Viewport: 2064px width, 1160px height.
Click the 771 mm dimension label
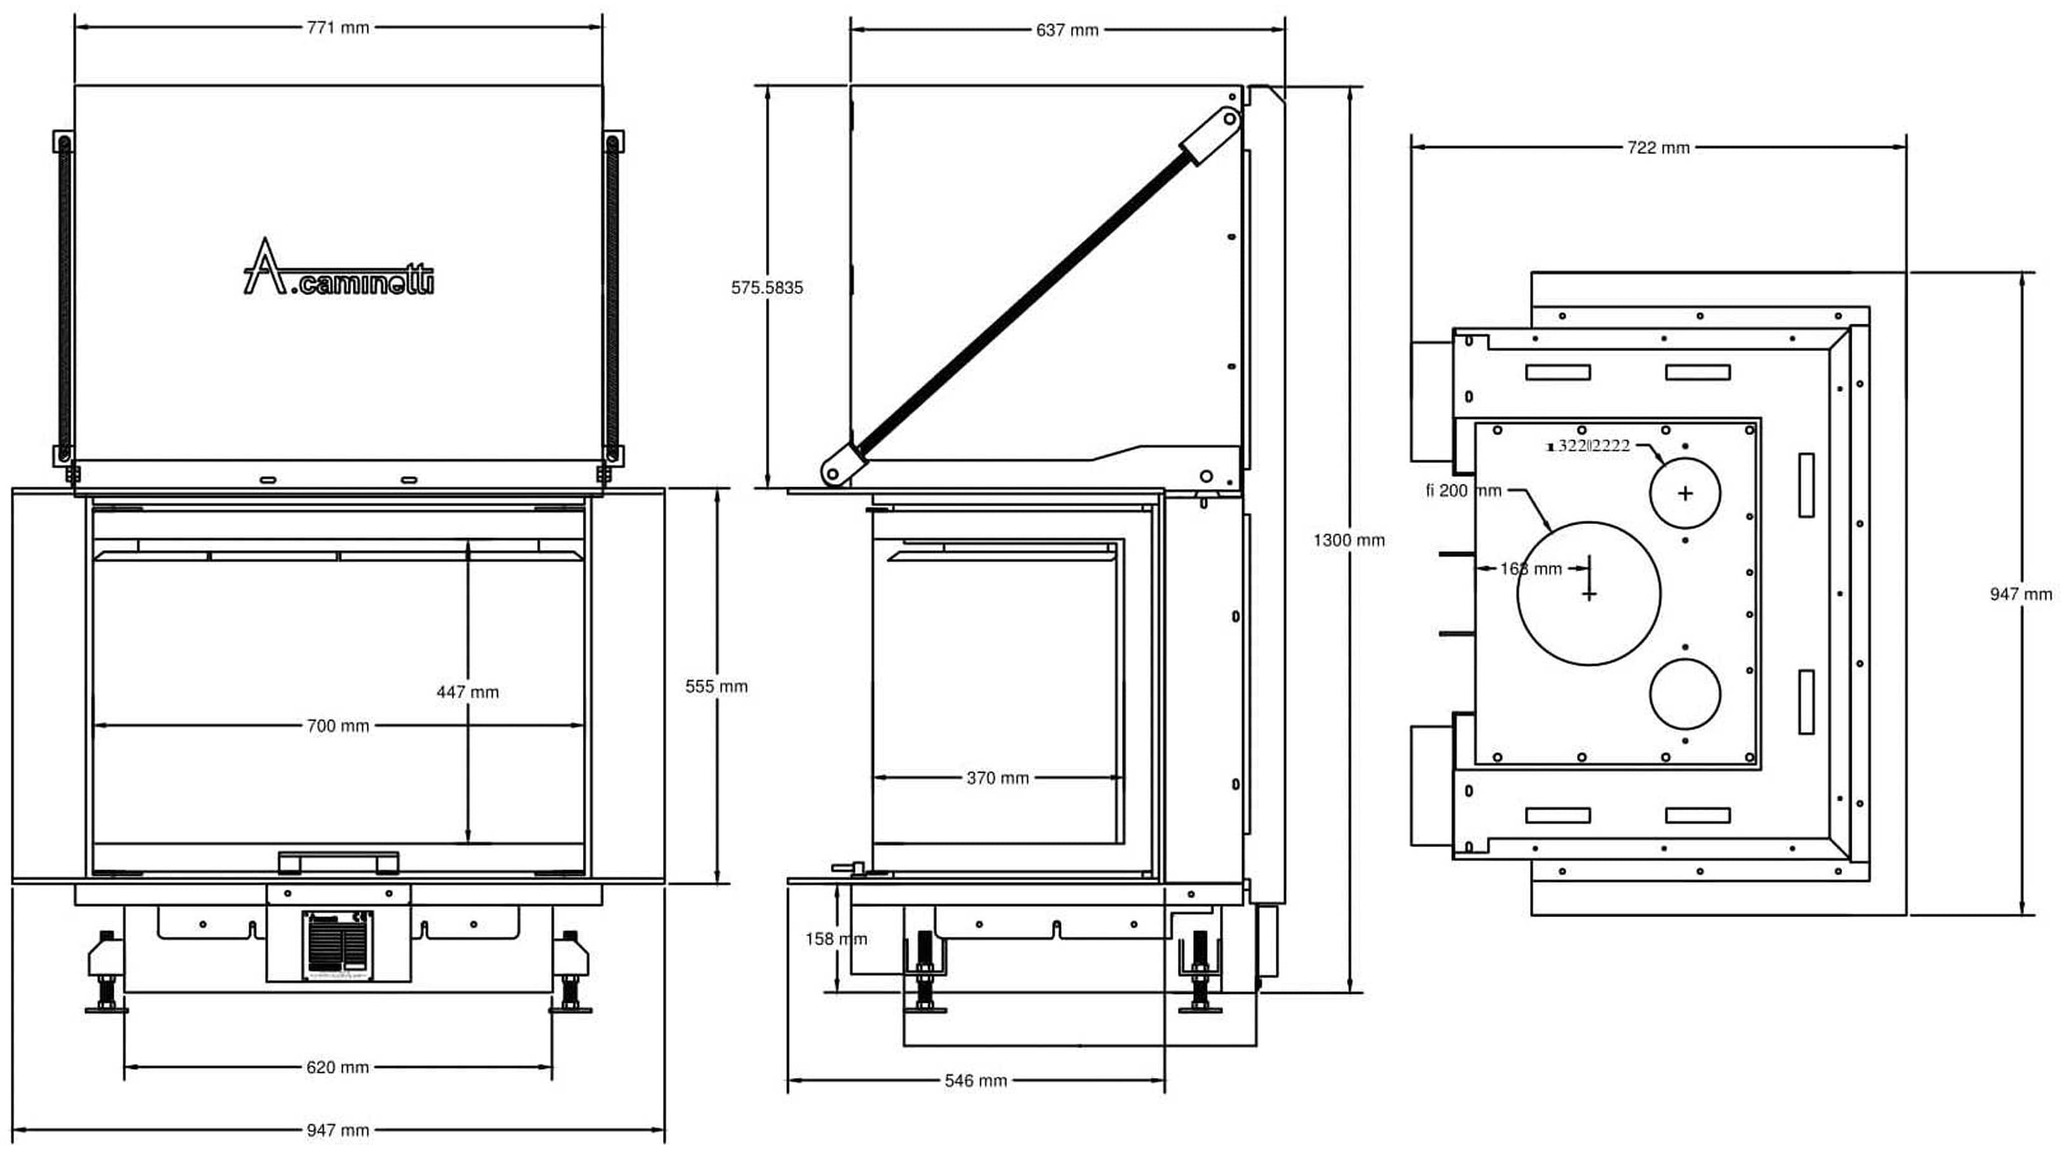[338, 28]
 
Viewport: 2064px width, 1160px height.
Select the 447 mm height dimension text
[467, 692]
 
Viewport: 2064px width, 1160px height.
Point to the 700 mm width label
[338, 726]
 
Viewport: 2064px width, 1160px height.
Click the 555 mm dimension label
[716, 686]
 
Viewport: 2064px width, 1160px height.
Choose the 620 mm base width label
[338, 1068]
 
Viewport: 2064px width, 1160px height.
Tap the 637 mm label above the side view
[1067, 31]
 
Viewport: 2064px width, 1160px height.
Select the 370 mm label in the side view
[997, 778]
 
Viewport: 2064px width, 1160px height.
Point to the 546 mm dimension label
[975, 1081]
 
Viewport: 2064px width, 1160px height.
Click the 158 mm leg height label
[836, 939]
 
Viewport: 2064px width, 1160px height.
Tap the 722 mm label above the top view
[1658, 148]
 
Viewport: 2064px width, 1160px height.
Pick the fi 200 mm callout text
[1463, 490]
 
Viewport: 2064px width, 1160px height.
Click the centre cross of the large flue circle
[1589, 594]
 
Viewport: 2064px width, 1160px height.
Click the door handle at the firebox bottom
[338, 862]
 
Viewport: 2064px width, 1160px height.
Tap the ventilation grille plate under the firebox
[338, 945]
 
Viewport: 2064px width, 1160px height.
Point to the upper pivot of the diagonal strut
[1227, 119]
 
